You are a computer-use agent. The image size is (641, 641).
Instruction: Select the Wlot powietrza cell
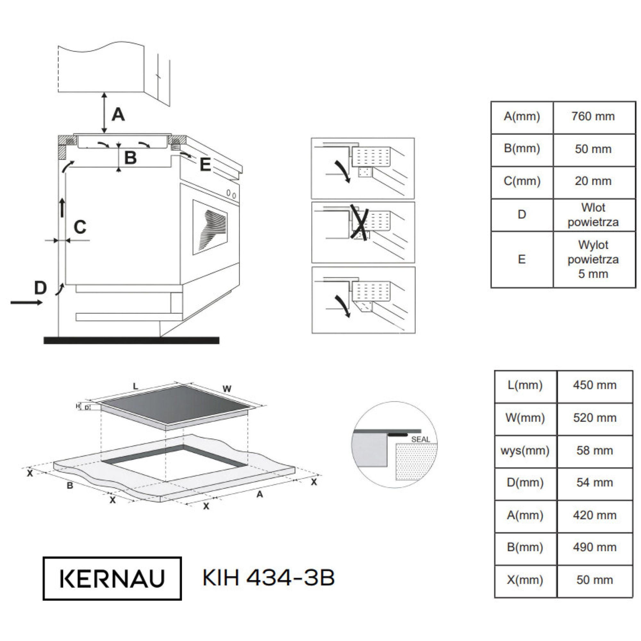coord(594,215)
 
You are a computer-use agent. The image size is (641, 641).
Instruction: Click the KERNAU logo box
coord(112,579)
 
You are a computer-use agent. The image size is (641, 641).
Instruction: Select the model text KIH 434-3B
coord(268,578)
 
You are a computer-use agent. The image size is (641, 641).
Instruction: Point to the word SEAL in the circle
coord(420,439)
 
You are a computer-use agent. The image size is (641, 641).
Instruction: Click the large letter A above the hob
coord(118,115)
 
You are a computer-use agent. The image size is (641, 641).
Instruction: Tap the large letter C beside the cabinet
coord(80,227)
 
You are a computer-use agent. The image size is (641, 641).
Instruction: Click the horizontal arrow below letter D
coord(27,302)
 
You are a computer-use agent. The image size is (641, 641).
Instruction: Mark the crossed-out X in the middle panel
coord(360,223)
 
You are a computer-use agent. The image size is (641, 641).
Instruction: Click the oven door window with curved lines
coord(210,228)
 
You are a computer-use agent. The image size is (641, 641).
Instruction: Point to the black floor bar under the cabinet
coord(131,340)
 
